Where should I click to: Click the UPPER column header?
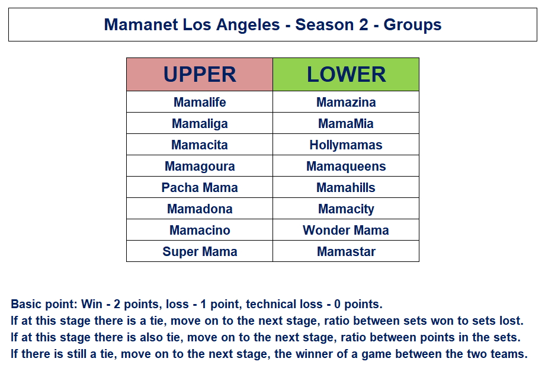pos(200,75)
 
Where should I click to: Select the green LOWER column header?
pos(346,75)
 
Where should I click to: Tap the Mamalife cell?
pos(200,102)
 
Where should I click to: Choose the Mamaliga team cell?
pos(200,123)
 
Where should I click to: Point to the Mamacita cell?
pos(200,145)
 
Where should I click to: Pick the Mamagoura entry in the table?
pos(200,166)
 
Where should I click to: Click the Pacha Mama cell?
pos(200,187)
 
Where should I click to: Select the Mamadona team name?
pos(200,209)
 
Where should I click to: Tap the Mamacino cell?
pos(200,230)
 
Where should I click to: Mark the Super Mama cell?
pos(200,251)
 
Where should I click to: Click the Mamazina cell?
pos(346,102)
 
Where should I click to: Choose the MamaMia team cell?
pos(346,123)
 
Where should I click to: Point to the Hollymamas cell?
pos(346,145)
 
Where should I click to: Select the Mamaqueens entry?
pos(346,166)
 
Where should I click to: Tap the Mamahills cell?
pos(346,187)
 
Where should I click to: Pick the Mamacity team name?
pos(346,209)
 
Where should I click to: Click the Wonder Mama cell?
pos(346,230)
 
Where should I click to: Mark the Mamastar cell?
pos(346,251)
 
